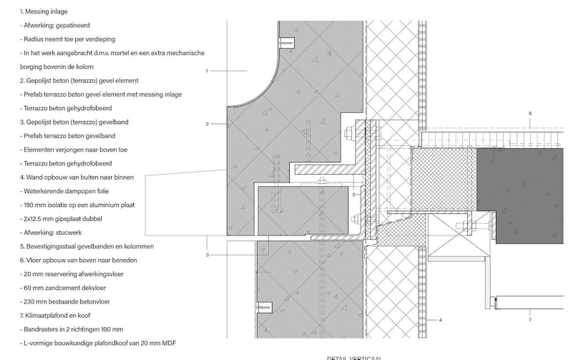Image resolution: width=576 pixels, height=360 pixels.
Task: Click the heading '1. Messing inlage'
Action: pyautogui.click(x=44, y=12)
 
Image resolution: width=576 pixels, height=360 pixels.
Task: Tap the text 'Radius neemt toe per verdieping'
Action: pyautogui.click(x=68, y=39)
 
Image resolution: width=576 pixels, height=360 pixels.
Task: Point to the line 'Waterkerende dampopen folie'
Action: pyautogui.click(x=65, y=191)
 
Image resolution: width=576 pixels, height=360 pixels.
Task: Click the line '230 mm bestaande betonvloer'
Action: pyautogui.click(x=63, y=301)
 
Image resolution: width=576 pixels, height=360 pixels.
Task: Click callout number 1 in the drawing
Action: pyautogui.click(x=207, y=71)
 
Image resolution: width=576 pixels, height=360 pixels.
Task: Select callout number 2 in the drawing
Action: pyautogui.click(x=207, y=124)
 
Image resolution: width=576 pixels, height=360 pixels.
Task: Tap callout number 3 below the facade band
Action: pyautogui.click(x=207, y=255)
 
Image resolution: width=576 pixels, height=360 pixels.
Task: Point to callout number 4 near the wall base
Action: pyautogui.click(x=441, y=320)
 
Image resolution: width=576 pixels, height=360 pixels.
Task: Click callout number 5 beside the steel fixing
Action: pyautogui.click(x=354, y=194)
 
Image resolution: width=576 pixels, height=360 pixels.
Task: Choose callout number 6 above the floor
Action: pyautogui.click(x=530, y=113)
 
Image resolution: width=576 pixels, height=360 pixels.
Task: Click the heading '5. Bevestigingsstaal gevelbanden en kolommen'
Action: pyautogui.click(x=87, y=246)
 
